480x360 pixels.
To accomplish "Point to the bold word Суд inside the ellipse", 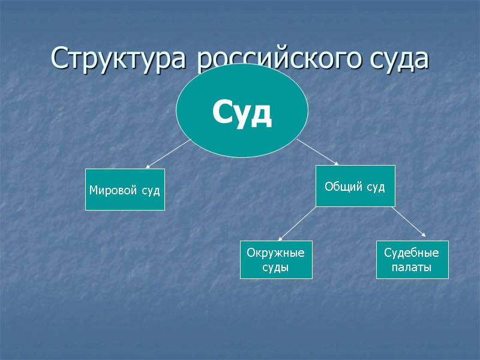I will point(242,113).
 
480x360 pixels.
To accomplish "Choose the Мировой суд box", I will point(125,190).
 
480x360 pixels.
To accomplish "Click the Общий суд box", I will point(355,186).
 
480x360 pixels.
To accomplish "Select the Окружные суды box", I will point(276,260).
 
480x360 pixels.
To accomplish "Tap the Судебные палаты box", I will point(412,260).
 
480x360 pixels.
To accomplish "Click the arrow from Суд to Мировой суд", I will point(168,154).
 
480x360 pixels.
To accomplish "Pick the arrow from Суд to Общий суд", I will point(318,152).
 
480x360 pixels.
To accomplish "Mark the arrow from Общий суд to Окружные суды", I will point(297,223).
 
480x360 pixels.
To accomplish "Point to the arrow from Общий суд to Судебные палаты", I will point(410,223).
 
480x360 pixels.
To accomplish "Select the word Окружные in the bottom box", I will point(276,253).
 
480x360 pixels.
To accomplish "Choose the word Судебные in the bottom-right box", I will point(412,253).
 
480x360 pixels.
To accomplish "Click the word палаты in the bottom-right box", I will point(412,267).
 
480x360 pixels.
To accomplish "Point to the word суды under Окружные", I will point(276,267).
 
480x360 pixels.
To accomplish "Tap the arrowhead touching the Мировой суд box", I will point(148,166).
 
